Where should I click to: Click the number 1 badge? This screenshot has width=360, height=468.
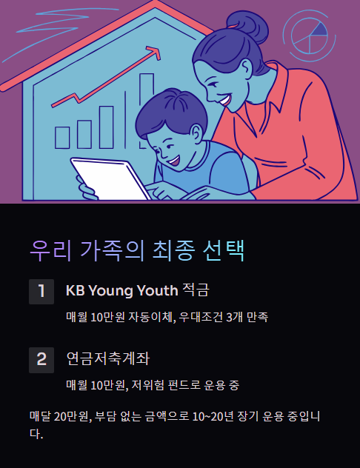pos(41,291)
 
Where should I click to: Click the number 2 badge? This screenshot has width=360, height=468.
pos(41,359)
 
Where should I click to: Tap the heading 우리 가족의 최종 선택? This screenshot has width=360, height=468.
pos(137,250)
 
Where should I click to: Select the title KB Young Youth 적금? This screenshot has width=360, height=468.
pos(143,290)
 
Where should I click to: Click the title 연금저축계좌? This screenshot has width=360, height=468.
pos(108,359)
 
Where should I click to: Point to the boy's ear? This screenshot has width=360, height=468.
pos(195,134)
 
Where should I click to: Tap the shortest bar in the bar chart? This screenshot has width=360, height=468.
pos(63,137)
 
